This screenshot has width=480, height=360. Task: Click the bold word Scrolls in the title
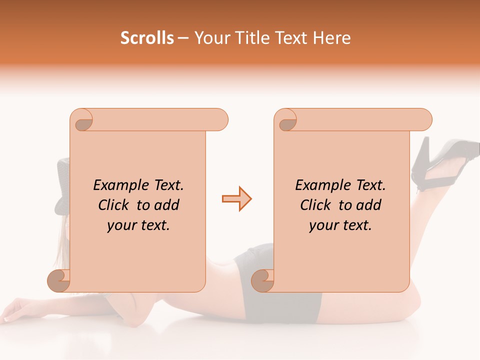[x=147, y=38]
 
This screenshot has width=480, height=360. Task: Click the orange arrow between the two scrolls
[x=236, y=198]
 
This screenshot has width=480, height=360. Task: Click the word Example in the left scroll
[x=116, y=185]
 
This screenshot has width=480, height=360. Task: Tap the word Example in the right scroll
[x=318, y=185]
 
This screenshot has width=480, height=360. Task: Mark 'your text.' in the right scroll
[x=340, y=225]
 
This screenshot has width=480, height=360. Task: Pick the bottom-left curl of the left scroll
[x=58, y=280]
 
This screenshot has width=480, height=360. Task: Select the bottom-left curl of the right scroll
[x=262, y=280]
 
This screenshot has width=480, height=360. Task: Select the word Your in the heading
[x=210, y=38]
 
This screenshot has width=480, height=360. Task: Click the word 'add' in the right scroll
[x=369, y=205]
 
